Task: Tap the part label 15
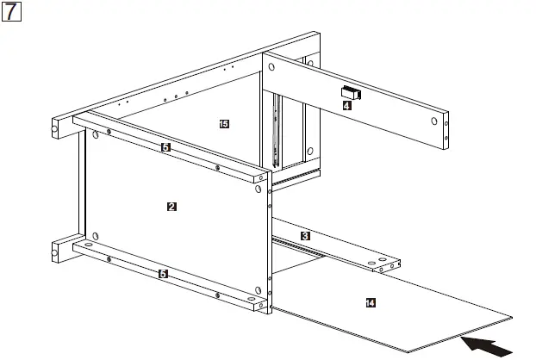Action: (224, 125)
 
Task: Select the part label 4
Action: (346, 106)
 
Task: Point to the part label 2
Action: (171, 207)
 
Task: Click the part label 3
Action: (305, 235)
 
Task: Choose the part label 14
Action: (371, 302)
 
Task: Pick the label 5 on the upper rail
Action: (165, 147)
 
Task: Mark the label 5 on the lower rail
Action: (163, 273)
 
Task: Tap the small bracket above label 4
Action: (351, 92)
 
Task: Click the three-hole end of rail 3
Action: (386, 264)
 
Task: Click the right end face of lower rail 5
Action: (259, 304)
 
